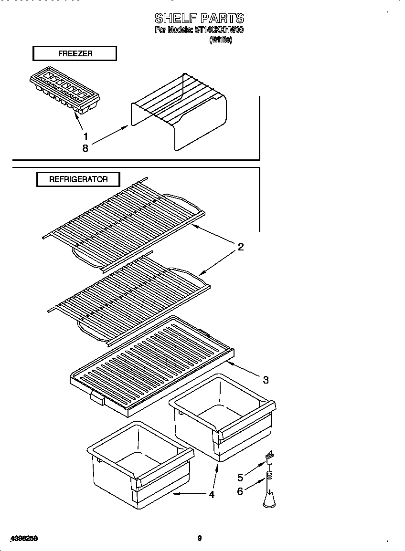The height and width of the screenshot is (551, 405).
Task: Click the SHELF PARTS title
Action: [x=199, y=18]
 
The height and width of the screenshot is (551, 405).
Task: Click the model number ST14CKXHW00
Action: [x=219, y=30]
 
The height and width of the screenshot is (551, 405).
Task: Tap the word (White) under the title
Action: [x=221, y=41]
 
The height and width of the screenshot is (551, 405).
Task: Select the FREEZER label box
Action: [x=75, y=53]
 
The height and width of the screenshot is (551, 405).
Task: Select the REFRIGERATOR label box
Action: [x=78, y=179]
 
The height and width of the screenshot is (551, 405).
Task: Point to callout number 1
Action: [x=85, y=136]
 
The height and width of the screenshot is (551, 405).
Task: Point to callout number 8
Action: [x=85, y=148]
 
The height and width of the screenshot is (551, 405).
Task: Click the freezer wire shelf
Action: [x=179, y=112]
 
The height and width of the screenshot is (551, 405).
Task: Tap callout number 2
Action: [x=241, y=247]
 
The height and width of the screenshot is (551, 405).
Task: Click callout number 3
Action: [x=266, y=380]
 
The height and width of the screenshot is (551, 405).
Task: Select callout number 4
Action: [x=212, y=494]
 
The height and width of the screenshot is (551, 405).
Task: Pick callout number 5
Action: [x=240, y=477]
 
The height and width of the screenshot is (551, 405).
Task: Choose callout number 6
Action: [x=240, y=491]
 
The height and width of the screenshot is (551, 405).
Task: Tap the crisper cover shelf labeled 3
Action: [x=153, y=363]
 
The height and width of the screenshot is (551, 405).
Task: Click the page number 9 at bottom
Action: [x=200, y=538]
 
